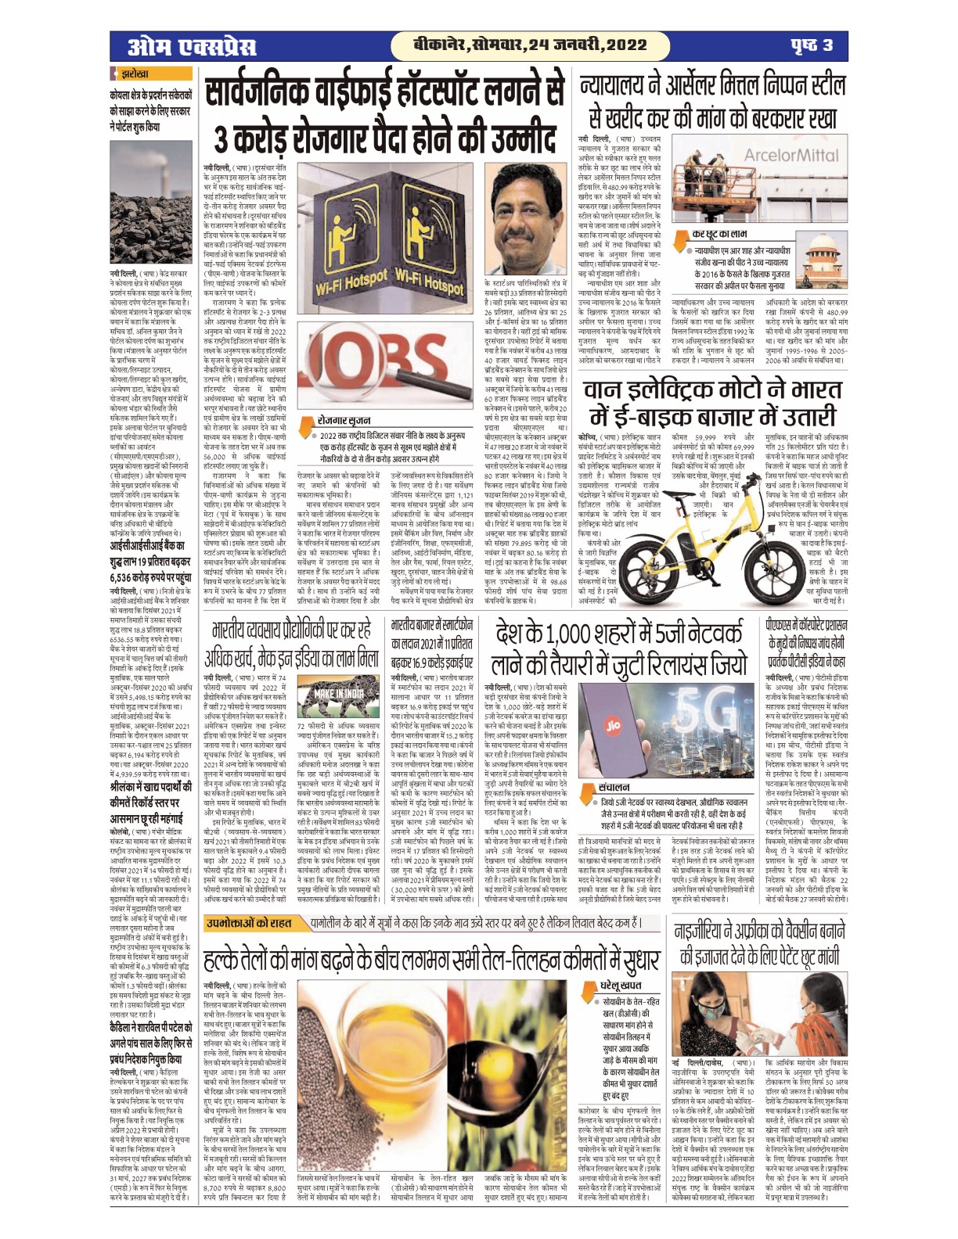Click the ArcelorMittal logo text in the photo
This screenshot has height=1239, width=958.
(x=791, y=155)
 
